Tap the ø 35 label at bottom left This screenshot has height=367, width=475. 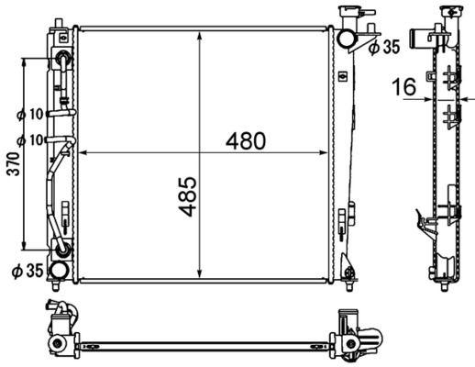click(x=28, y=270)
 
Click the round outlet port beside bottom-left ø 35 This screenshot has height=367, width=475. click(x=59, y=270)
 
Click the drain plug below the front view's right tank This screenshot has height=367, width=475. click(x=348, y=272)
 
